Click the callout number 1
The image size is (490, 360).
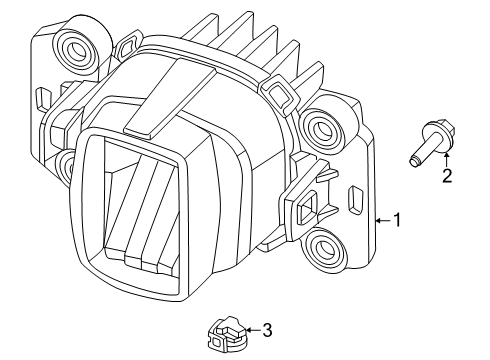397,220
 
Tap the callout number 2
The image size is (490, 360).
446,177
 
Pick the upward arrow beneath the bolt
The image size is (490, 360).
446,158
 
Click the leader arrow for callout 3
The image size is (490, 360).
250,328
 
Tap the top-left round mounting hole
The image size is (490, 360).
75,46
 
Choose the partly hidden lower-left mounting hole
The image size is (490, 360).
65,160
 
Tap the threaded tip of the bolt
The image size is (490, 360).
412,158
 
